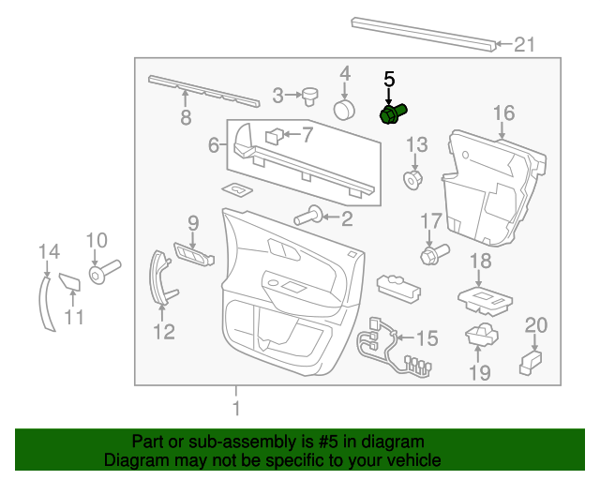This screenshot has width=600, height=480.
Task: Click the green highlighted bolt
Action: pyautogui.click(x=393, y=113)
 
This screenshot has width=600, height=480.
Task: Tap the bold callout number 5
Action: pyautogui.click(x=389, y=80)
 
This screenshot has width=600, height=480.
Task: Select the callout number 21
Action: pyautogui.click(x=524, y=45)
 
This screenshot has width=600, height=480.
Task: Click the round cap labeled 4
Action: pyautogui.click(x=344, y=110)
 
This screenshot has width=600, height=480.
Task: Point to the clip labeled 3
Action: pyautogui.click(x=310, y=96)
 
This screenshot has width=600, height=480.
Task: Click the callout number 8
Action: pyautogui.click(x=186, y=117)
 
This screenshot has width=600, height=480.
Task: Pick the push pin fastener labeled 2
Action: pyautogui.click(x=308, y=217)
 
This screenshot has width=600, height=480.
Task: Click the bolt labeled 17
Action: pyautogui.click(x=435, y=253)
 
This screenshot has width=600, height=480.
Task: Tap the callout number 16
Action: pyautogui.click(x=503, y=113)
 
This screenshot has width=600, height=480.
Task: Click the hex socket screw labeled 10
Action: pyautogui.click(x=104, y=271)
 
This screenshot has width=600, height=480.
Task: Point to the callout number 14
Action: pyautogui.click(x=49, y=252)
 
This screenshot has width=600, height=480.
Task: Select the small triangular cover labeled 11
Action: pyautogui.click(x=70, y=282)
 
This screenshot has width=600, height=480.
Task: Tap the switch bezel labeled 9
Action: pyautogui.click(x=194, y=254)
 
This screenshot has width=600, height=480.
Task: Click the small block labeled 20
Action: pyautogui.click(x=531, y=362)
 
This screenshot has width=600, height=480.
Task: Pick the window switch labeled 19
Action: pyautogui.click(x=482, y=334)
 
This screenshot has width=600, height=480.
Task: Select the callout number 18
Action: pyautogui.click(x=481, y=261)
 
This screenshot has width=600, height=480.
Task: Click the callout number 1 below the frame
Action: pyautogui.click(x=236, y=408)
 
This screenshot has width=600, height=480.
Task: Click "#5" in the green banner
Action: pyautogui.click(x=328, y=442)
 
